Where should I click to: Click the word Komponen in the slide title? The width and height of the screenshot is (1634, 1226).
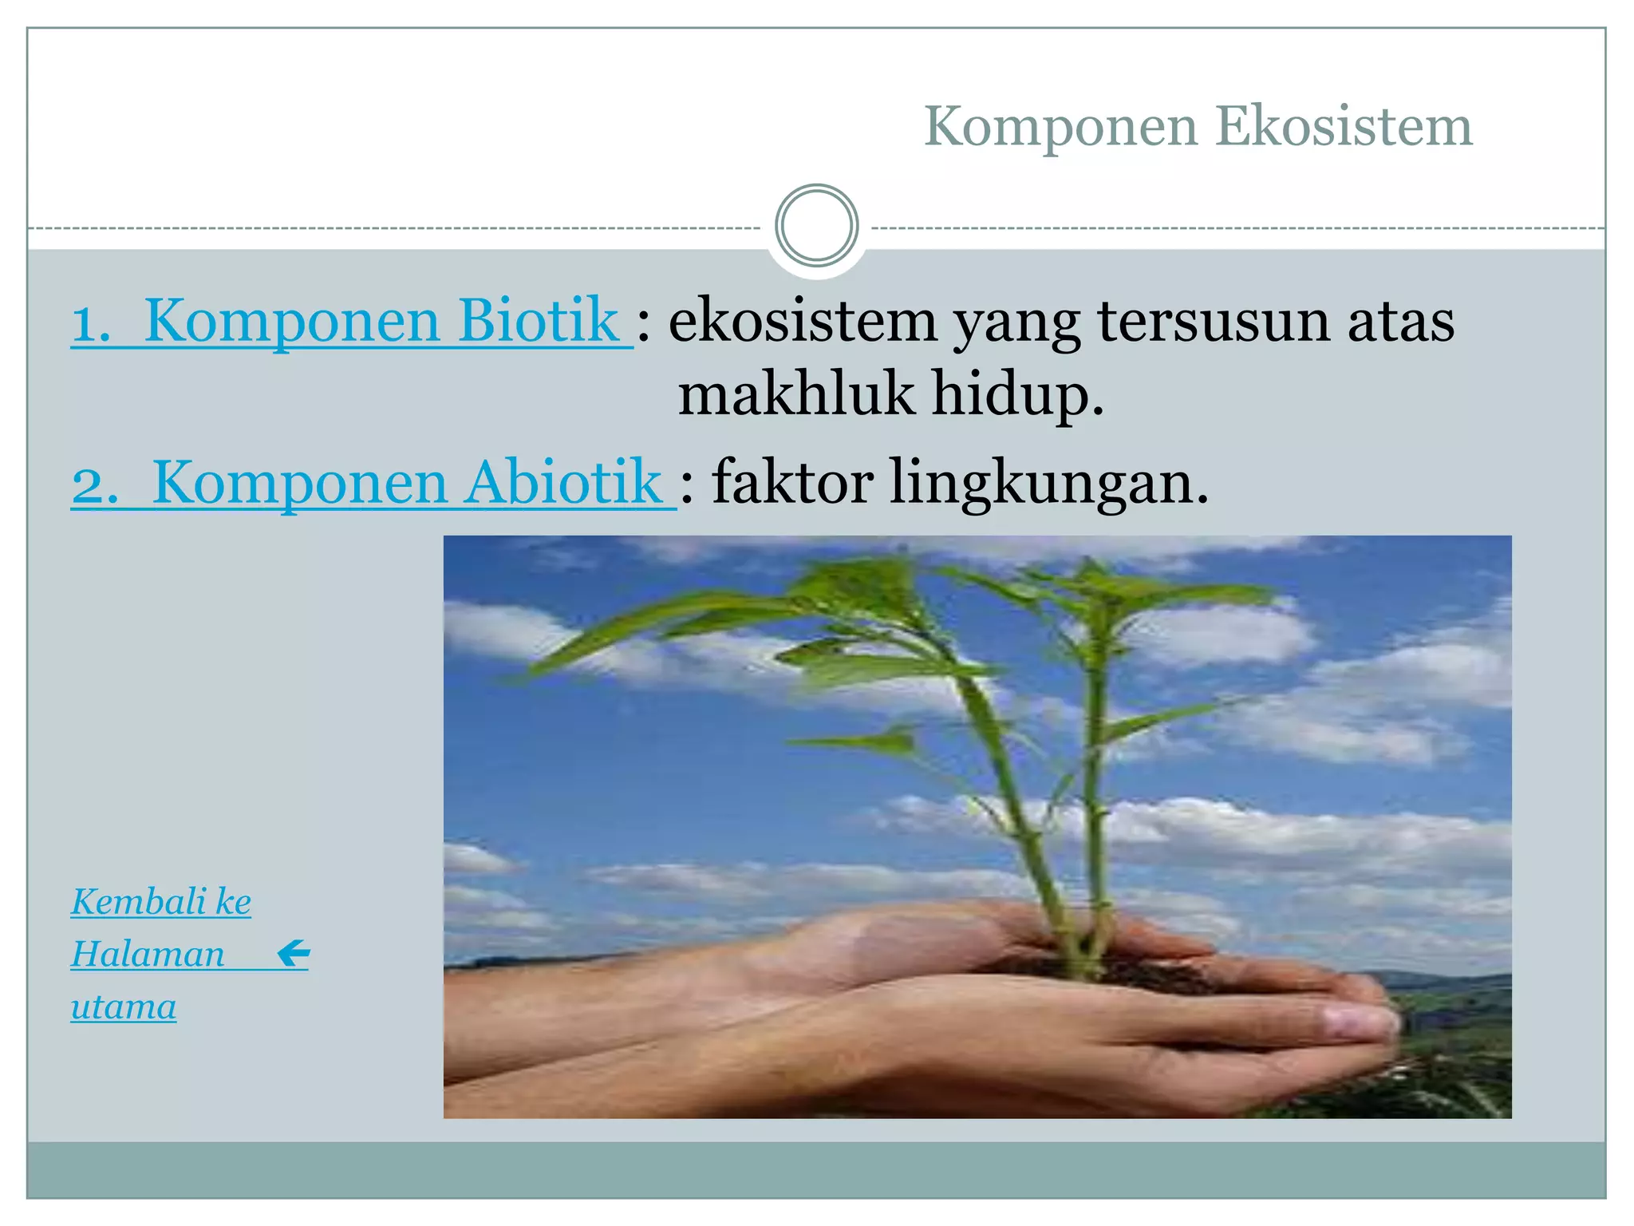click(x=1061, y=128)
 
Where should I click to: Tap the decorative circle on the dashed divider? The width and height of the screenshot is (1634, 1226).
click(x=816, y=225)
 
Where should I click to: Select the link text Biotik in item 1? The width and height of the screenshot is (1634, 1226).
click(x=539, y=321)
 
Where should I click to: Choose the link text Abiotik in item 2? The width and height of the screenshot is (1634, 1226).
click(x=563, y=483)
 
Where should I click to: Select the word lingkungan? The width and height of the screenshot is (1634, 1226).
click(x=1048, y=484)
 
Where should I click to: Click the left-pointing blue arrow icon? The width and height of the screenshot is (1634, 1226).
click(x=294, y=953)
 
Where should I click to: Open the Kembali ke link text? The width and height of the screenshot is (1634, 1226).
click(x=161, y=902)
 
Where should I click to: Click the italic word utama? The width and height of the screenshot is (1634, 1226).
click(x=124, y=1007)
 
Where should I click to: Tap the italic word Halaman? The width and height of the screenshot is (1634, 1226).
click(x=148, y=954)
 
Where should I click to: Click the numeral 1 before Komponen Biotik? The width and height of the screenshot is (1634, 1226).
click(x=89, y=323)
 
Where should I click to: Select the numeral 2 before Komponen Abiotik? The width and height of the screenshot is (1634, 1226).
click(x=93, y=485)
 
